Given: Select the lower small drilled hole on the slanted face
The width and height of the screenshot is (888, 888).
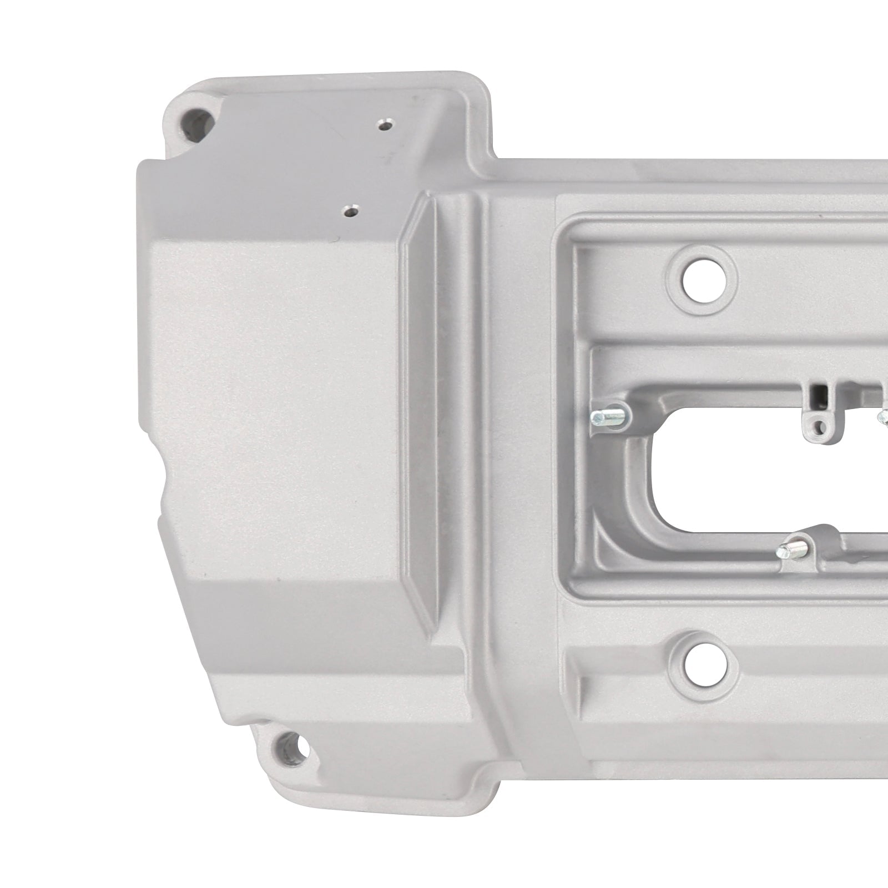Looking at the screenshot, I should click(x=350, y=211).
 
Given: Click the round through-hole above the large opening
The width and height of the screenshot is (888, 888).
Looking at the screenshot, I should click(x=703, y=282).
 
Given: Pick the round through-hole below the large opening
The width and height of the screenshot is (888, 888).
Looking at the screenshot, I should click(x=703, y=665).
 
